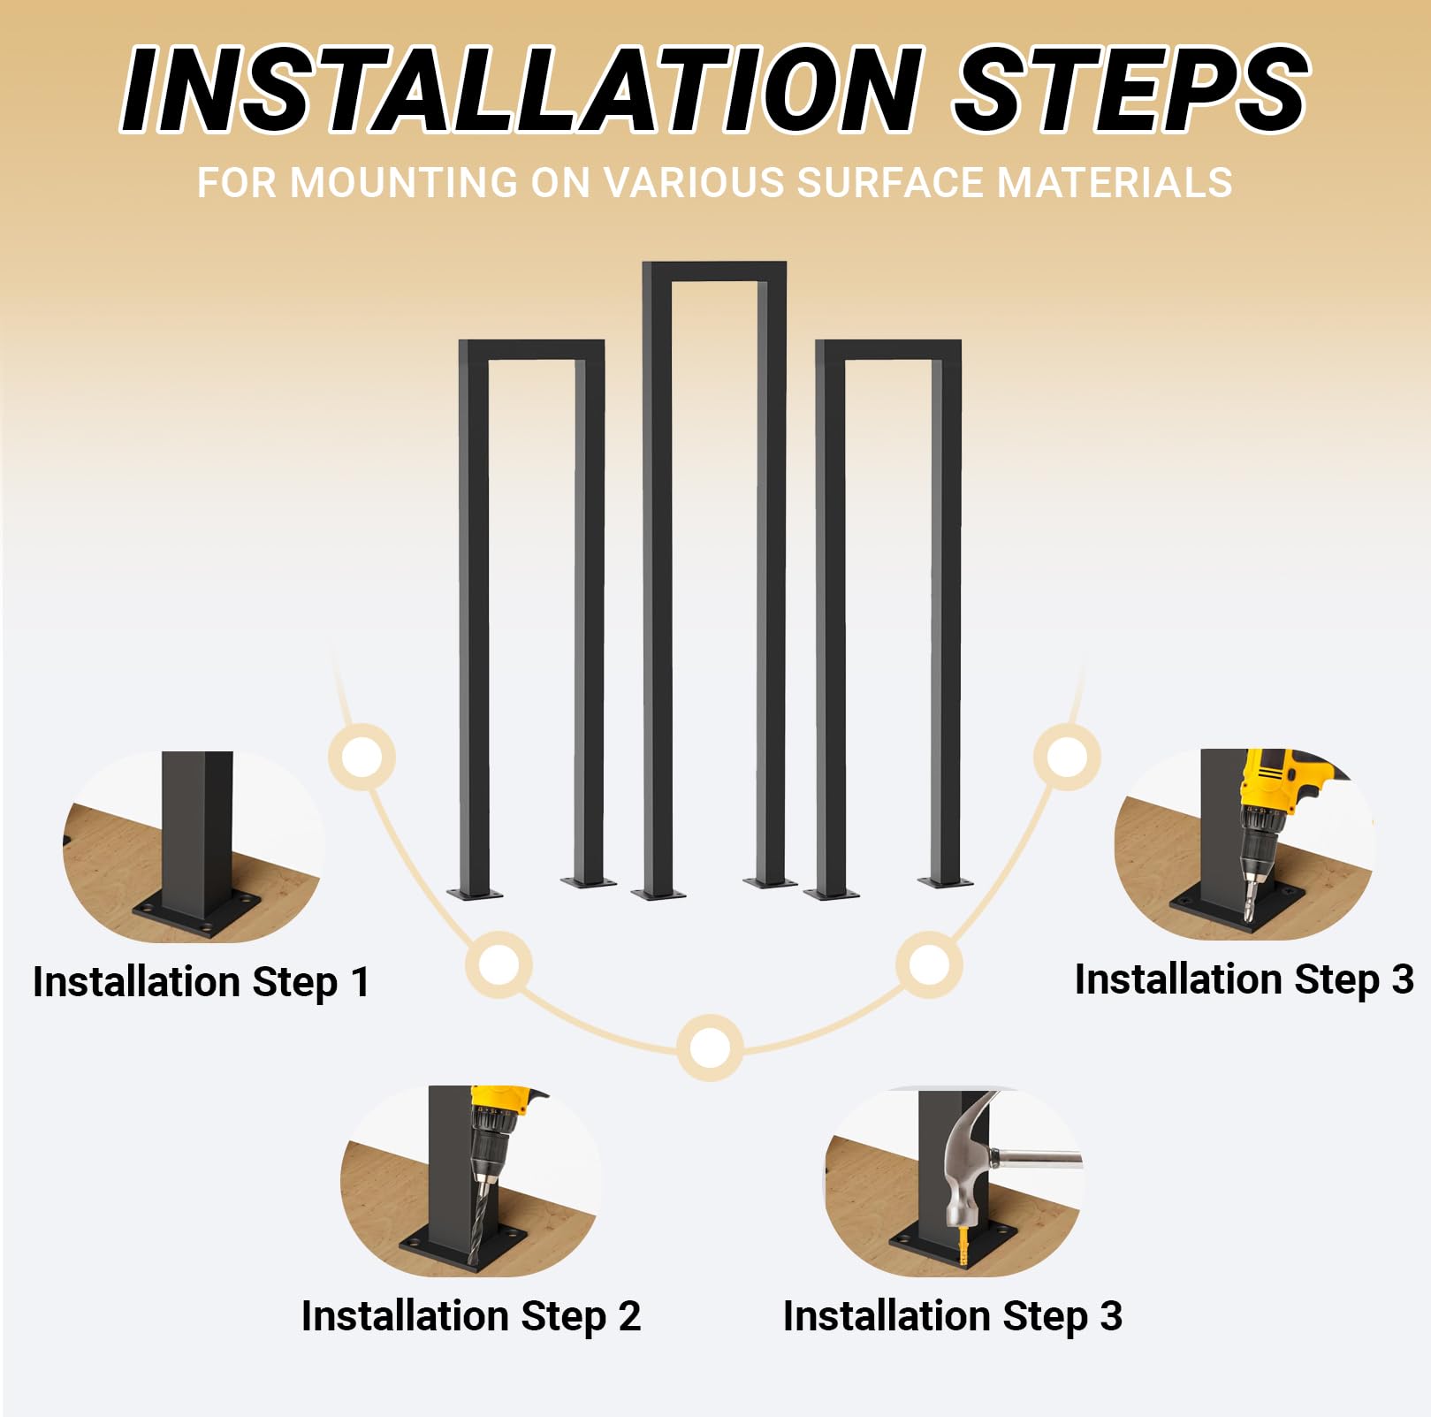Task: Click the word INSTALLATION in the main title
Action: pyautogui.click(x=522, y=89)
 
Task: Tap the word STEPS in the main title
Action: pyautogui.click(x=1130, y=89)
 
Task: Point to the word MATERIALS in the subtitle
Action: pyautogui.click(x=1115, y=183)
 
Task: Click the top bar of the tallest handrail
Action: pyautogui.click(x=714, y=270)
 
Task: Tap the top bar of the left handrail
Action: pyautogui.click(x=531, y=350)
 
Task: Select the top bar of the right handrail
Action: pyautogui.click(x=887, y=350)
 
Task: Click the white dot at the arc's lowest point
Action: pyautogui.click(x=710, y=1048)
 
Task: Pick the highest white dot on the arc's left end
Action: pyautogui.click(x=362, y=757)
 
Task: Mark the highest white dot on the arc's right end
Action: pyautogui.click(x=1067, y=757)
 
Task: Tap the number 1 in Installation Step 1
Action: pyautogui.click(x=360, y=982)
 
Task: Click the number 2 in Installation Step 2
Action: pyautogui.click(x=629, y=1316)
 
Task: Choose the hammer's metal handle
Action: pyautogui.click(x=1036, y=1157)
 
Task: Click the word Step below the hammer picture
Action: pyautogui.click(x=1047, y=1317)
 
